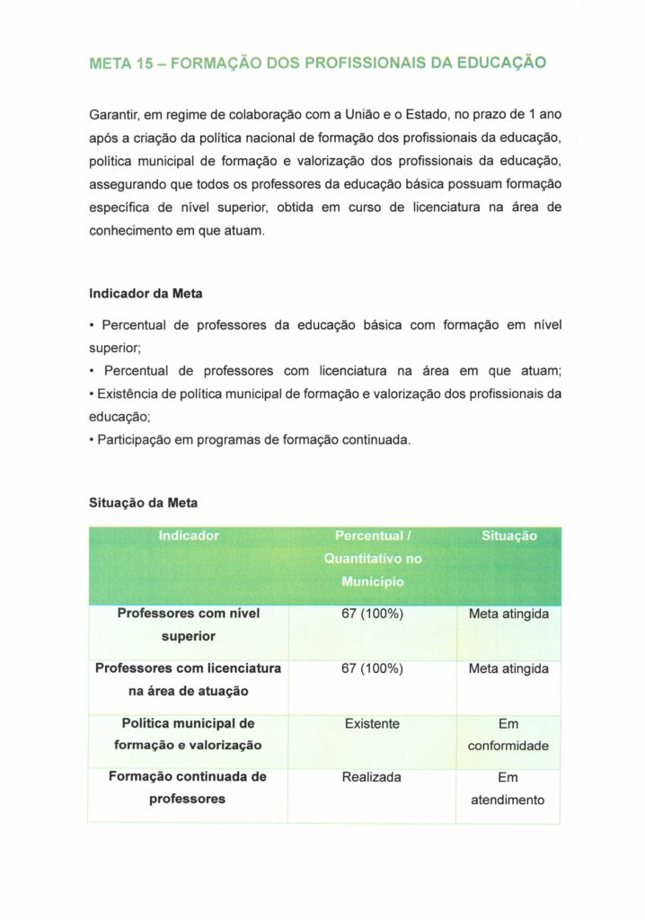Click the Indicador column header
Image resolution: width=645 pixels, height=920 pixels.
click(x=189, y=535)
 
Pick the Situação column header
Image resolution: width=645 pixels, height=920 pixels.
click(x=509, y=535)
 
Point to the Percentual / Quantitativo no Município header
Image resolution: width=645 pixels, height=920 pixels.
click(x=373, y=558)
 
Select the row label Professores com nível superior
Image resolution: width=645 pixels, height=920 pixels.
click(x=189, y=624)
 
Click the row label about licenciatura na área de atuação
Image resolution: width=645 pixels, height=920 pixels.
click(x=189, y=679)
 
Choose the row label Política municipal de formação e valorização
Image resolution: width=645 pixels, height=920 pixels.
click(x=189, y=734)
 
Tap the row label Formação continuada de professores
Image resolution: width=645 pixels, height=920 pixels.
click(x=189, y=788)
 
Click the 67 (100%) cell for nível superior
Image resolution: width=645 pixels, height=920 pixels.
click(x=373, y=615)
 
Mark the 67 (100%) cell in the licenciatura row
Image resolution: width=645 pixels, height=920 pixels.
click(x=373, y=668)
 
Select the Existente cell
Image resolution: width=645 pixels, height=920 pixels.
click(x=372, y=723)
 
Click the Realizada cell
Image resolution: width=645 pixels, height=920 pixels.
click(x=372, y=777)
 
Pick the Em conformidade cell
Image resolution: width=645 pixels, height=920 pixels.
click(x=508, y=735)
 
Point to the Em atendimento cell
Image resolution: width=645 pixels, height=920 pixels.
click(x=508, y=789)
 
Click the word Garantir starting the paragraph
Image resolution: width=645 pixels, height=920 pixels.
click(x=114, y=115)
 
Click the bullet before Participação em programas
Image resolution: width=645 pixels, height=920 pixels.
click(x=93, y=439)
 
